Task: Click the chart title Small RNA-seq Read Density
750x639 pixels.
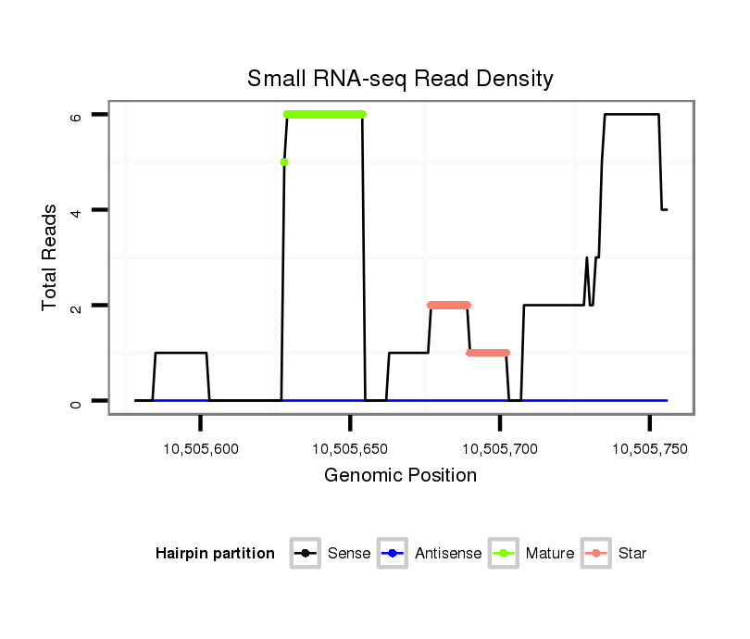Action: pos(400,79)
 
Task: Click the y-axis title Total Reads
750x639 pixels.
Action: pos(50,257)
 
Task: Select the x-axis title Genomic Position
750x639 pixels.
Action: pos(400,476)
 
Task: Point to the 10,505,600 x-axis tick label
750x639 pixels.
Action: pos(200,449)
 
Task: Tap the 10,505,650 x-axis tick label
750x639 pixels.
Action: pos(350,449)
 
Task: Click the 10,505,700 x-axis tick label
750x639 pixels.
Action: pos(500,449)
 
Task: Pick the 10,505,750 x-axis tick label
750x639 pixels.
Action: pos(650,449)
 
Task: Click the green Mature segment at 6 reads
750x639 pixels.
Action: pos(325,114)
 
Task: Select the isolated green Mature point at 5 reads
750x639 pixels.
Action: pos(284,162)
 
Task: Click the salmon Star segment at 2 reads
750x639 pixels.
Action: pos(449,305)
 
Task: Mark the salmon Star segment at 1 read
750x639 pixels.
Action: pos(488,353)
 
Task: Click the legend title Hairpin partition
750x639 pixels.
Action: pos(215,554)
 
